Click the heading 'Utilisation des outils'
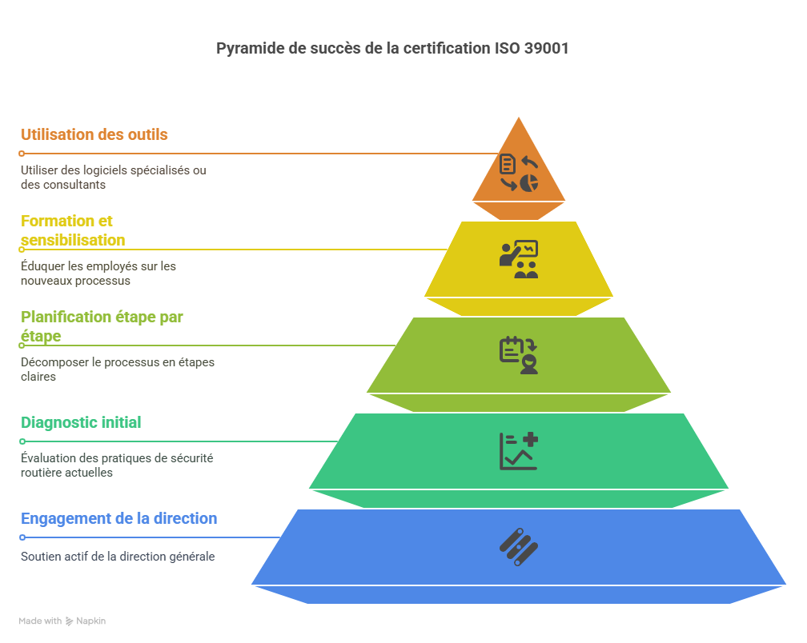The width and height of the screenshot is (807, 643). (94, 134)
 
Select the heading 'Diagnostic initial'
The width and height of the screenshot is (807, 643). (81, 422)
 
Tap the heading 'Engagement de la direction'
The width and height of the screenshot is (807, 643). (118, 518)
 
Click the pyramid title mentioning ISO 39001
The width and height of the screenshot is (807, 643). (392, 48)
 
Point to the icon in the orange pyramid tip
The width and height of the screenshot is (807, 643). (519, 174)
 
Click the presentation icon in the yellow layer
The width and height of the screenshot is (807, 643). (519, 259)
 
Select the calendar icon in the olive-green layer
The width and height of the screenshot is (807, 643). (519, 355)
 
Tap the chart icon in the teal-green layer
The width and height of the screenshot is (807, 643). (519, 451)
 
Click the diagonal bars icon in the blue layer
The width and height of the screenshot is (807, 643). (519, 547)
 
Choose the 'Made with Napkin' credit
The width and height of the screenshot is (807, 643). (62, 621)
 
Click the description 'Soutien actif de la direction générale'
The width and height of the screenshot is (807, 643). (118, 556)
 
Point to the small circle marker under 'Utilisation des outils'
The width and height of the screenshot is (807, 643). (22, 153)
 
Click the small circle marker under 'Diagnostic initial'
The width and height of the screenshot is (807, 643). (22, 441)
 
